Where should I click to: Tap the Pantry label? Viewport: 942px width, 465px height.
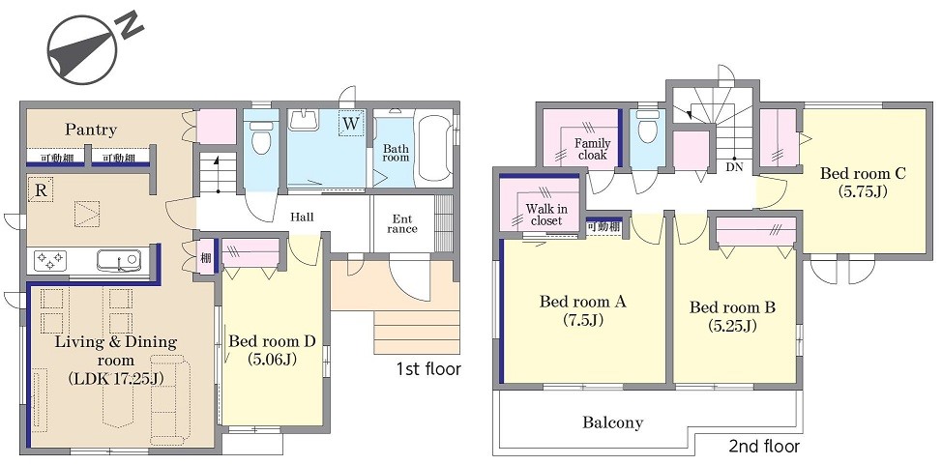(91, 130)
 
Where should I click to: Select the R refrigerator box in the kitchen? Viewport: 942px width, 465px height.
(42, 190)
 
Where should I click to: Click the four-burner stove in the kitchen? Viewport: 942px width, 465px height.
(50, 261)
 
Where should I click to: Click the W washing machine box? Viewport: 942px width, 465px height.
(351, 124)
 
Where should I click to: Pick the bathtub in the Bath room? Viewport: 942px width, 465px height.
(433, 148)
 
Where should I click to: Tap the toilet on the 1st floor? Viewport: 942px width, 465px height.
(261, 138)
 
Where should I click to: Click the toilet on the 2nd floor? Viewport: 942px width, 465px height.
(648, 128)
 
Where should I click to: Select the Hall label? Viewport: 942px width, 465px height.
(302, 217)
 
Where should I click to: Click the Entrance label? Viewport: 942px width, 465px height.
(402, 223)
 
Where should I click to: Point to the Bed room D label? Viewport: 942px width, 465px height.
(272, 341)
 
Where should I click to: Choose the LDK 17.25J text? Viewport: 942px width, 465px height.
(117, 378)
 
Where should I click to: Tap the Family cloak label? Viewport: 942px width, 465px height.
(592, 149)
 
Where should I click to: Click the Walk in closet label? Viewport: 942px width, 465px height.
(546, 215)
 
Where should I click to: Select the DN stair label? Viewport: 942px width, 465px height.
(734, 167)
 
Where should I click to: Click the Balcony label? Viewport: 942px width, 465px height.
(613, 422)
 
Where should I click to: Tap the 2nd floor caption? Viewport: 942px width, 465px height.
(764, 447)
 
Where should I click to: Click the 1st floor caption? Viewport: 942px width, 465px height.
(428, 368)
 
